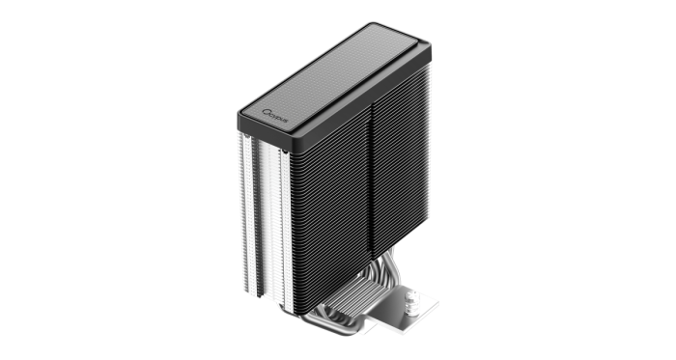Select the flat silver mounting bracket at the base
click(x=406, y=309)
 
